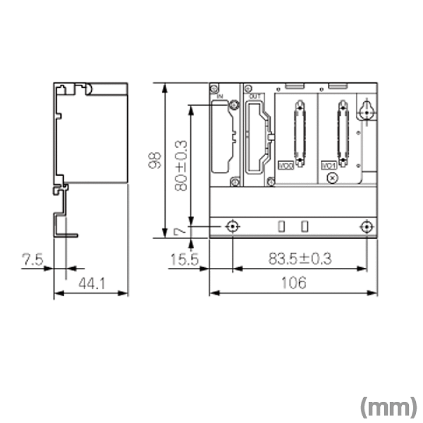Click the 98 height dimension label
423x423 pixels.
pos(155,160)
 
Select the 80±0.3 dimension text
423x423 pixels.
pos(181,165)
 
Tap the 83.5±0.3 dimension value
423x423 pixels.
pos(300,258)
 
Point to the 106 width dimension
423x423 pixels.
pos(294,283)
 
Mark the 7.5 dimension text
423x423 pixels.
pos(32,258)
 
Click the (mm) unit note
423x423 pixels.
pos(388,406)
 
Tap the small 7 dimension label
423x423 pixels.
pos(181,231)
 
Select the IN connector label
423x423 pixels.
pos(220,95)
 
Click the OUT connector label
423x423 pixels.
pos(254,95)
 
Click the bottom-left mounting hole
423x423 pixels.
pos(233,227)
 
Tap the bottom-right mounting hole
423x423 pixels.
pos(367,227)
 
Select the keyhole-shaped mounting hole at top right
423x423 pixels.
pos(368,109)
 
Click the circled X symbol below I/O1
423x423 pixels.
pos(333,177)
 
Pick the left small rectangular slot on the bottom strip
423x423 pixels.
pos(281,226)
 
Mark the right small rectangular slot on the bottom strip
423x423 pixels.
pos(304,226)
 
